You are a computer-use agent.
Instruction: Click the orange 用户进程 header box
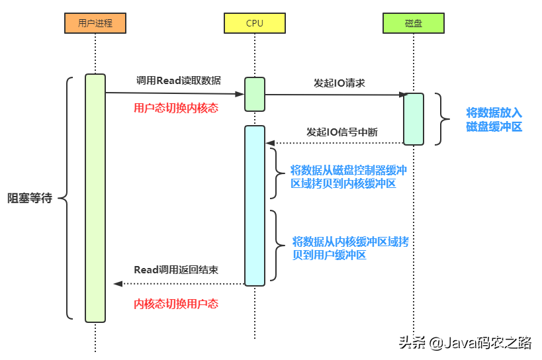click(95, 23)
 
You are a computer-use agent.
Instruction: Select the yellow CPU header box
click(254, 23)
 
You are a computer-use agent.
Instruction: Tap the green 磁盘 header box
click(413, 23)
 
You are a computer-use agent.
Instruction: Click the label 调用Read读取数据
click(178, 80)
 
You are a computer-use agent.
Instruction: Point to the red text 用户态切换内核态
click(175, 108)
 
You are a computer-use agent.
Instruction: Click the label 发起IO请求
click(339, 83)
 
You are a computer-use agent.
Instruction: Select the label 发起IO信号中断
click(342, 132)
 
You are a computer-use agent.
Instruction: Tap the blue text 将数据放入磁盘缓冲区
click(494, 119)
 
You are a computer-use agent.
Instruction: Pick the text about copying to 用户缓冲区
click(350, 248)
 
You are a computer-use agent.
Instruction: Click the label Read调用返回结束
click(176, 270)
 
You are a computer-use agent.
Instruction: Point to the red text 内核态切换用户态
click(176, 304)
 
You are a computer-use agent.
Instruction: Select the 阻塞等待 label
click(30, 198)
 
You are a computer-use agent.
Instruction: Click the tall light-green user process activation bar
click(95, 198)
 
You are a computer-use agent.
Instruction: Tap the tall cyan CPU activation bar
click(255, 205)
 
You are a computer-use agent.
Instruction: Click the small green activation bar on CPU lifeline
click(255, 94)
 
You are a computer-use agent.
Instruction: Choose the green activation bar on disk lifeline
click(414, 118)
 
